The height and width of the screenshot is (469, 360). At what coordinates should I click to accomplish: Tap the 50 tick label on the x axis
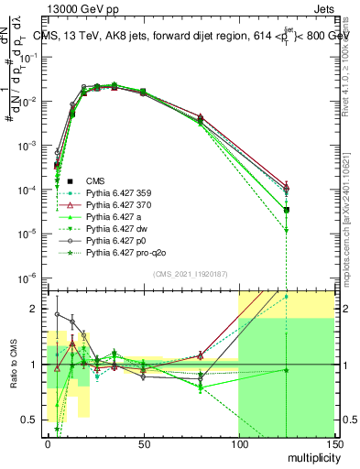click(x=142, y=443)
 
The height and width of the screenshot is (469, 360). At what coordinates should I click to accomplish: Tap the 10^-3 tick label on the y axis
click(x=27, y=146)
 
